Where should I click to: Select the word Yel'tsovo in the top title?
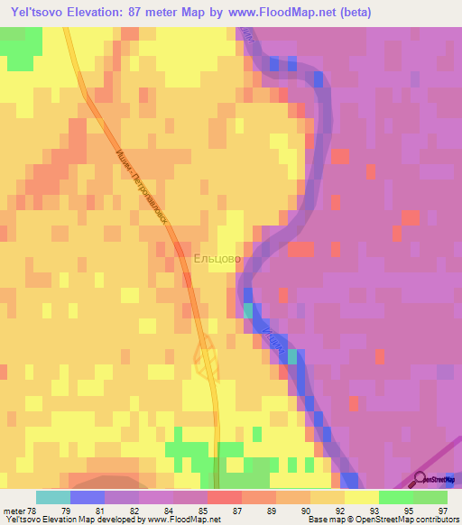[42, 14]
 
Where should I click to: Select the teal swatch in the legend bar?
[53, 497]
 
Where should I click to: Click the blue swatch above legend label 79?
[88, 497]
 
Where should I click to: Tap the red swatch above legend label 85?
[225, 497]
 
